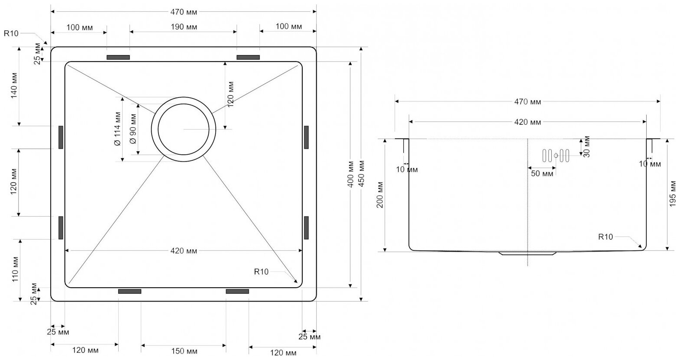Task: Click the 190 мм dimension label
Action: tap(184, 27)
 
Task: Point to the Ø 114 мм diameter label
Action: tap(117, 130)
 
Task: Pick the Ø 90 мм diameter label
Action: tap(133, 129)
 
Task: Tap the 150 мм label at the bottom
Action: tap(183, 351)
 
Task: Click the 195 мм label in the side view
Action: tap(673, 195)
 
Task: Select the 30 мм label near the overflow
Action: tap(587, 147)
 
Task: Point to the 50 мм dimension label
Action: tap(542, 174)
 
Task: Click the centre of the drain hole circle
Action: tap(184, 129)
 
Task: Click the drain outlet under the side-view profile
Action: tap(528, 253)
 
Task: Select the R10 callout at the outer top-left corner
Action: tap(11, 33)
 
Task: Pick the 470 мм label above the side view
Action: tap(527, 102)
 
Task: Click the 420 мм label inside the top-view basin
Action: tap(184, 251)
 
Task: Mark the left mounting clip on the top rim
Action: tap(118, 57)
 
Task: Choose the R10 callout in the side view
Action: tap(606, 237)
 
